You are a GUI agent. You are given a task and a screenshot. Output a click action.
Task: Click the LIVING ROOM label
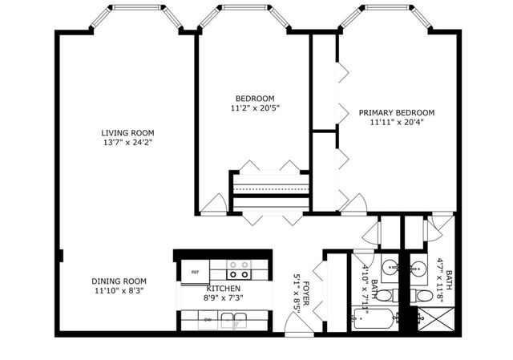pyautogui.click(x=127, y=133)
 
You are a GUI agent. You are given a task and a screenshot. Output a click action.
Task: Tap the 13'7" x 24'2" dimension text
pyautogui.click(x=127, y=143)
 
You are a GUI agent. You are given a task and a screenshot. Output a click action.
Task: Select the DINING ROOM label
pyautogui.click(x=119, y=281)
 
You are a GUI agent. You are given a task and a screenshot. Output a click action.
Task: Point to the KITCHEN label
pyautogui.click(x=224, y=289)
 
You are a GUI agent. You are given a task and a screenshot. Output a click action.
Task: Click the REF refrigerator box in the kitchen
pyautogui.click(x=196, y=272)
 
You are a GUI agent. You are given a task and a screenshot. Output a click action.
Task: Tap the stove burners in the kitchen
pyautogui.click(x=239, y=269)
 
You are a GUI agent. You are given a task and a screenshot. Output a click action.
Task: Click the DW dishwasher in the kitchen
pyautogui.click(x=208, y=320)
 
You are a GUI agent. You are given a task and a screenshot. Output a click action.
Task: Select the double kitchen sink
pyautogui.click(x=233, y=320)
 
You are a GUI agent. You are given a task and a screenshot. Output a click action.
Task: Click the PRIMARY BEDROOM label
pyautogui.click(x=397, y=112)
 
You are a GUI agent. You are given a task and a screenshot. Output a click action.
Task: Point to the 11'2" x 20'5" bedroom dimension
pyautogui.click(x=256, y=108)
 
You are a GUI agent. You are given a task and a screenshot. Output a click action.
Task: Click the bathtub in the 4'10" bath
pyautogui.click(x=372, y=318)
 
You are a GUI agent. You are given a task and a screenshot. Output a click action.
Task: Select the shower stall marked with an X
pyautogui.click(x=436, y=319)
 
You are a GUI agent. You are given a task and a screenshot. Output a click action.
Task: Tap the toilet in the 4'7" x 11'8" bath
pyautogui.click(x=422, y=295)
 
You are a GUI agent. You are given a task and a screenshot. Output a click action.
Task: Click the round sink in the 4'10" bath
pyautogui.click(x=390, y=268)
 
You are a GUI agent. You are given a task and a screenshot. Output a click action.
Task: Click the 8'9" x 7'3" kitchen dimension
pyautogui.click(x=224, y=298)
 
